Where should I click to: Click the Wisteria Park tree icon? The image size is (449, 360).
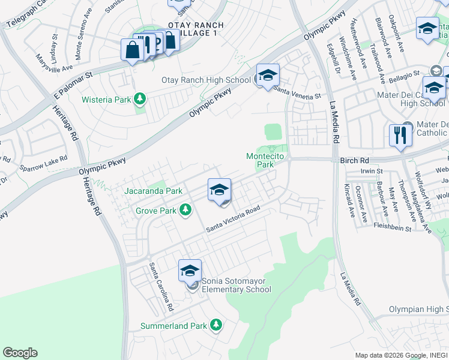(140, 98)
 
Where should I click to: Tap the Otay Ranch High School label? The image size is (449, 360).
(206, 80)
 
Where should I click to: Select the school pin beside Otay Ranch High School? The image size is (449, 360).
(268, 76)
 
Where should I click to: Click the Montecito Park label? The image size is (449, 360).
(265, 160)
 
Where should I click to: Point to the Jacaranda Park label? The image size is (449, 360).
(153, 191)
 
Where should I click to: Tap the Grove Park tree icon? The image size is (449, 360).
(186, 209)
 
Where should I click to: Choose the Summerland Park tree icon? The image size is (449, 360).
(216, 325)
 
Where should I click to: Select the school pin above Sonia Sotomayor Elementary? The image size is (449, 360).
(190, 271)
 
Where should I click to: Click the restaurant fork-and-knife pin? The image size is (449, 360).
(400, 136)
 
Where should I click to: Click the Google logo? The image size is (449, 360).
(20, 353)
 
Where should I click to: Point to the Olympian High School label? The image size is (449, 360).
(420, 309)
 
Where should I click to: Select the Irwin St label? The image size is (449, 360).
(372, 171)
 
